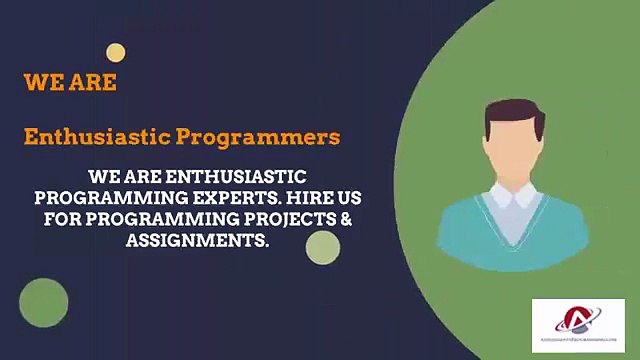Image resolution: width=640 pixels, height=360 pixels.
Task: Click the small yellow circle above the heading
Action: pyautogui.click(x=116, y=53)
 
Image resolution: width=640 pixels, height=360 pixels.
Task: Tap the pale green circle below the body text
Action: pyautogui.click(x=323, y=247)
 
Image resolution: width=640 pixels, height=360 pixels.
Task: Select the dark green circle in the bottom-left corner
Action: pyautogui.click(x=44, y=303)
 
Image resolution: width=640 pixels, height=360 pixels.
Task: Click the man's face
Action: pyautogui.click(x=513, y=150)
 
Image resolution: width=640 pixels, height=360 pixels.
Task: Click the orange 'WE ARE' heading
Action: pyautogui.click(x=70, y=83)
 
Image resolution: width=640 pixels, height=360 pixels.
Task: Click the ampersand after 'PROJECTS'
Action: pyautogui.click(x=347, y=219)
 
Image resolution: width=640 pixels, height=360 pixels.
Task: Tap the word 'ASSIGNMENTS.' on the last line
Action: pyautogui.click(x=197, y=241)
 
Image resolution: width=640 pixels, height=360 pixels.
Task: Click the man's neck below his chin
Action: pyautogui.click(x=513, y=182)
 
